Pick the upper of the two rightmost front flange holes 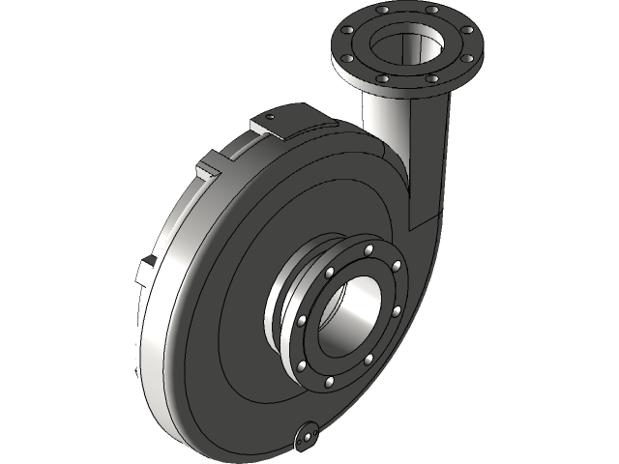click(x=397, y=266)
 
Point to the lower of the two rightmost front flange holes click(x=398, y=311)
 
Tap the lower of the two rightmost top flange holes click(x=471, y=56)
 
